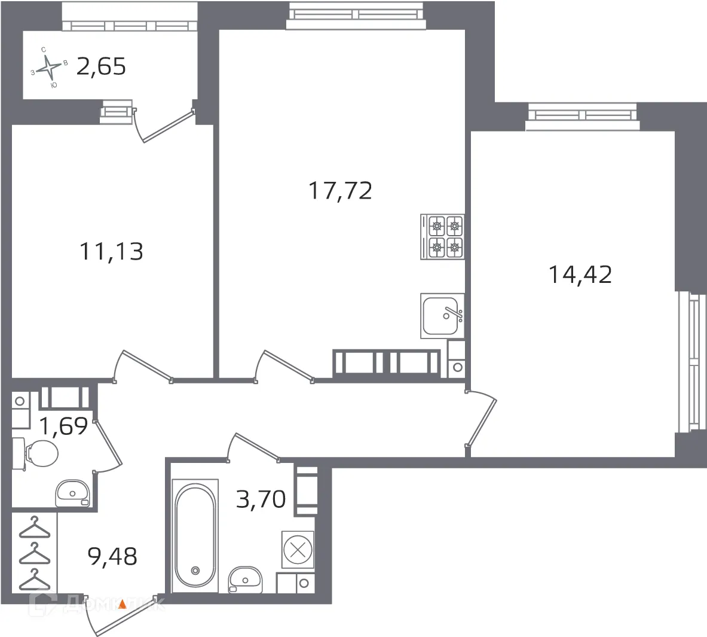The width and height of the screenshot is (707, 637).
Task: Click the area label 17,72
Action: click(340, 191)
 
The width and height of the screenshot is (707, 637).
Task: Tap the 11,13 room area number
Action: click(111, 252)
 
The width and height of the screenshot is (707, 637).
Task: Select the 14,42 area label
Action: click(580, 275)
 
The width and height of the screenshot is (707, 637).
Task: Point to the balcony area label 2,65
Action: click(101, 66)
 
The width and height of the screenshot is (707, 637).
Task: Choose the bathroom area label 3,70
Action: click(261, 498)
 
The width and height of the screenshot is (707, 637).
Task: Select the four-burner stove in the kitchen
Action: click(443, 237)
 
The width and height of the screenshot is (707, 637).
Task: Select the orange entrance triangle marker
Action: click(122, 604)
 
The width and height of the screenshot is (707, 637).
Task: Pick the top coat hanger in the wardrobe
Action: click(34, 526)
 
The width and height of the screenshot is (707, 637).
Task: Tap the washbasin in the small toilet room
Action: click(72, 493)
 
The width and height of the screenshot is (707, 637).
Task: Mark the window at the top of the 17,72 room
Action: click(356, 15)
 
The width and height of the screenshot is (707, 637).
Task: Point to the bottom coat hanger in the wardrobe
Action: click(34, 578)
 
